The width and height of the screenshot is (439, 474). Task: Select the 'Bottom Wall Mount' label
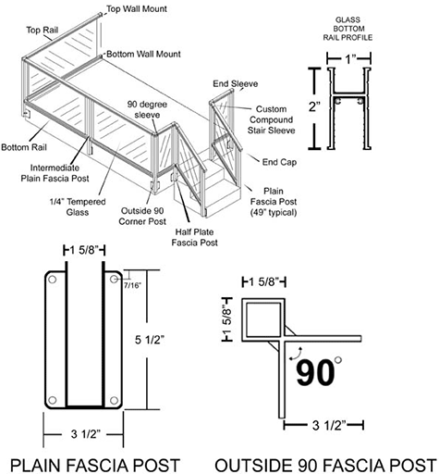pyautogui.click(x=144, y=55)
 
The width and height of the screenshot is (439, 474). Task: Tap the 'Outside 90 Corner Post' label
pyautogui.click(x=145, y=216)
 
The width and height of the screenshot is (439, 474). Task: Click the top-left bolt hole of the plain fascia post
pyautogui.click(x=53, y=279)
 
